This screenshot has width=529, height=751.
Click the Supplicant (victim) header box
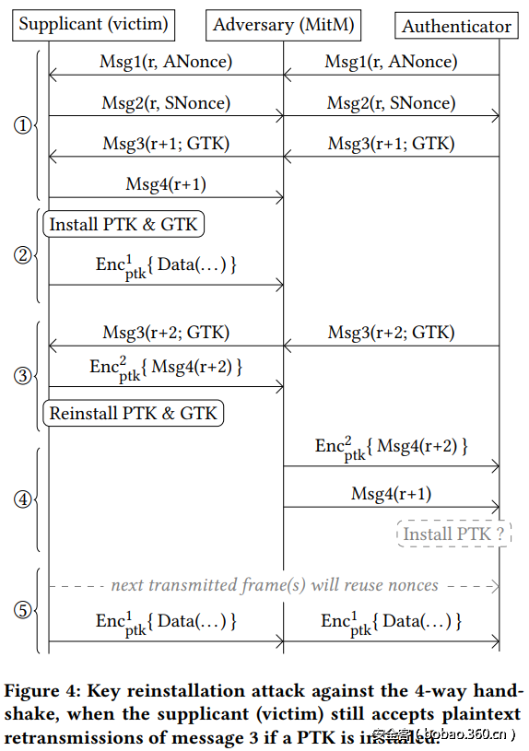click(93, 25)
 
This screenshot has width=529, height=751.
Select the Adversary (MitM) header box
click(284, 25)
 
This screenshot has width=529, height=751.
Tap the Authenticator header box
click(456, 26)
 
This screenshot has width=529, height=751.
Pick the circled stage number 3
click(23, 375)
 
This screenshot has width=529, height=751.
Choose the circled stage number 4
click(23, 499)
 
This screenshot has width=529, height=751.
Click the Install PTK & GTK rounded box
click(123, 224)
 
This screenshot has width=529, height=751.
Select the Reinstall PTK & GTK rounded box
click(134, 413)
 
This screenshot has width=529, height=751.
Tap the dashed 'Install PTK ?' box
click(454, 534)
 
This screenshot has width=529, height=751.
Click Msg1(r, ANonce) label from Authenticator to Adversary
click(391, 63)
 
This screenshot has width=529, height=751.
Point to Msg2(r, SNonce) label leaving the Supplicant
click(166, 103)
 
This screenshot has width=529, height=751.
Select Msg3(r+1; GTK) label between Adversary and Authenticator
click(391, 144)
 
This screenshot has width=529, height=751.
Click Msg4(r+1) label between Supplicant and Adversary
click(166, 184)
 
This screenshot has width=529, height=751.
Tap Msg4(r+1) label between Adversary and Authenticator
click(391, 494)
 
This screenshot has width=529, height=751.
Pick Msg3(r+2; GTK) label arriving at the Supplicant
click(166, 333)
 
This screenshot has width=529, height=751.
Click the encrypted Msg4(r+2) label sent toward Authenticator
click(391, 449)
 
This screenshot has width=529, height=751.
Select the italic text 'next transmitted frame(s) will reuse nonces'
click(275, 585)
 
